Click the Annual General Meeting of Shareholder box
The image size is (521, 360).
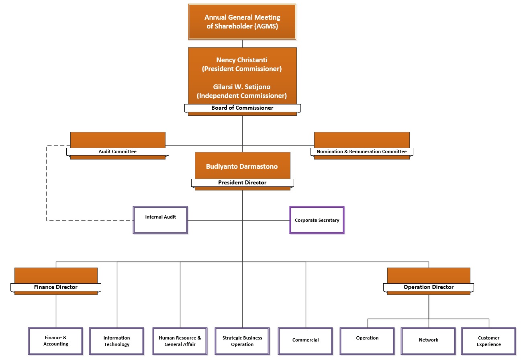pos(242,22)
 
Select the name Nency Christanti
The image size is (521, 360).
pos(242,60)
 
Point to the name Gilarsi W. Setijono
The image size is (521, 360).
pos(242,87)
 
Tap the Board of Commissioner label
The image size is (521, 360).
pos(242,108)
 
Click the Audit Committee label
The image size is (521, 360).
pos(118,151)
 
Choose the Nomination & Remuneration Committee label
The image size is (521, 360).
pos(362,151)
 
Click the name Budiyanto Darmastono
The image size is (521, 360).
pos(242,166)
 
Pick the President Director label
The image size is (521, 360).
pos(242,183)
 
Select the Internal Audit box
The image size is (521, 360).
pos(160,220)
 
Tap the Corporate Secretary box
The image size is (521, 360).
pos(317,220)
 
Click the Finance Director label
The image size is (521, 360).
pos(56,287)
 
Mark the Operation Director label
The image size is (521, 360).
pos(429,287)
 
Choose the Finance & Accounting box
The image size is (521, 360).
pos(56,341)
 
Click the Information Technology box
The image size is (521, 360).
pos(116,341)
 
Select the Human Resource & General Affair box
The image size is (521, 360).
pos(180,341)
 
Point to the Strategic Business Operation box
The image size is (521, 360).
pos(242,341)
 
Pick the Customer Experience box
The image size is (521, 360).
pos(489,341)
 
